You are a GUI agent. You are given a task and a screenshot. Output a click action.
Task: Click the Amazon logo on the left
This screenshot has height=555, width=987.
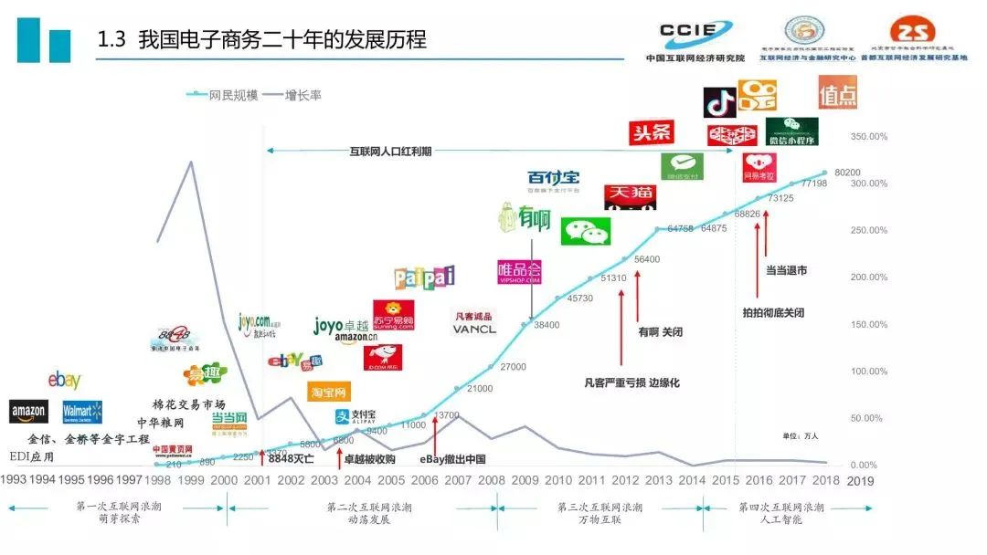click(x=28, y=412)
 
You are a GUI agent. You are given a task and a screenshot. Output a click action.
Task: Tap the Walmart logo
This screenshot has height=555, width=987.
click(x=81, y=413)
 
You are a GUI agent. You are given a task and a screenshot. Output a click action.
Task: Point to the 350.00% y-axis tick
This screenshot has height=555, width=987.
click(x=868, y=137)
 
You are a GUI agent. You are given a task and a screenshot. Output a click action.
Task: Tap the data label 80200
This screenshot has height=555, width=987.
click(x=847, y=173)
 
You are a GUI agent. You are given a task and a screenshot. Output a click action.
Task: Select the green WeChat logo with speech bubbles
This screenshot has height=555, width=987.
click(x=585, y=232)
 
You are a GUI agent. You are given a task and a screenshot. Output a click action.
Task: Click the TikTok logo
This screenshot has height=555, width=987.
click(x=719, y=103)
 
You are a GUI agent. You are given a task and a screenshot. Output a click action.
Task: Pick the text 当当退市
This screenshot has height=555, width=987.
click(x=785, y=270)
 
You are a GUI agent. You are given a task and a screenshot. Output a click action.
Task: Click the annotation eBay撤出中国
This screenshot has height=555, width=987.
click(x=452, y=459)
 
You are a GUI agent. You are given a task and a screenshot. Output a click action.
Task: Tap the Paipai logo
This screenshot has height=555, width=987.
click(x=424, y=277)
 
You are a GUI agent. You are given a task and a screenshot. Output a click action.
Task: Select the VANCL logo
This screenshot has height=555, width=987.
click(x=474, y=324)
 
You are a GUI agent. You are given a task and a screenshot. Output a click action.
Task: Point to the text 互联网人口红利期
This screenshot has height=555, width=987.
click(x=391, y=152)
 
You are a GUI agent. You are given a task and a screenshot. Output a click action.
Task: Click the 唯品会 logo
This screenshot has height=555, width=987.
click(x=519, y=271)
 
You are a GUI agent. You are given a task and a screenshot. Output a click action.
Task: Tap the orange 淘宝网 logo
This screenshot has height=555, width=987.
click(x=328, y=393)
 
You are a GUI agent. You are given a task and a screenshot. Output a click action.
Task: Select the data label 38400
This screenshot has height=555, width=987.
click(x=547, y=325)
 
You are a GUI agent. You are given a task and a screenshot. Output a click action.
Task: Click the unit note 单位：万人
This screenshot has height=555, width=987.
click(x=801, y=436)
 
